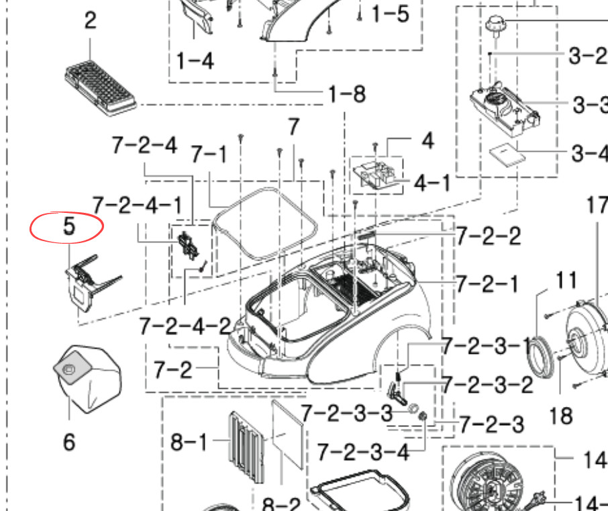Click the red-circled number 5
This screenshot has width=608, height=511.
69,226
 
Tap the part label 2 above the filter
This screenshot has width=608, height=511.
91,20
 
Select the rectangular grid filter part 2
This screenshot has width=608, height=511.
101,88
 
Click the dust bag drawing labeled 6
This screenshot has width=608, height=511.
88,379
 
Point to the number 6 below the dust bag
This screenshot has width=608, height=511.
69,442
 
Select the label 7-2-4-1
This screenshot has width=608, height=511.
137,205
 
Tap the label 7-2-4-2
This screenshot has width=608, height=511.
185,326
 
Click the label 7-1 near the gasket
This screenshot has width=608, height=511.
209,154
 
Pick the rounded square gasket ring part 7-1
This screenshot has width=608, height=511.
265,224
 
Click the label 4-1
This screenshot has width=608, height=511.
432,183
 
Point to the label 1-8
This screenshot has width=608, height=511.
347,94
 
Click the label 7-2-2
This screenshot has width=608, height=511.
488,236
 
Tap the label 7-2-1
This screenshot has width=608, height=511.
487,284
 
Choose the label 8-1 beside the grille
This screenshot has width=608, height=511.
189,442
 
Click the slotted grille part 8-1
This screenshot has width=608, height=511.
246,447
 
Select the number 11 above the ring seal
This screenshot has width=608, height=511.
566,280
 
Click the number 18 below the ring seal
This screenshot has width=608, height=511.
561,416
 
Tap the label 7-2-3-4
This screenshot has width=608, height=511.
363,453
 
